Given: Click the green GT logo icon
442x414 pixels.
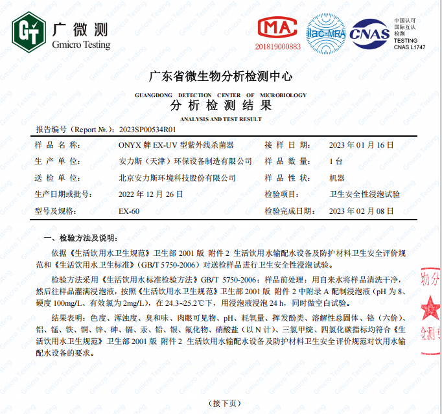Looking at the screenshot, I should tap(28, 33).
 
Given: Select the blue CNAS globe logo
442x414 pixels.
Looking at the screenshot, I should tap(369, 33).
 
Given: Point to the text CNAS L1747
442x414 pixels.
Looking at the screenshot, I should tap(410, 47).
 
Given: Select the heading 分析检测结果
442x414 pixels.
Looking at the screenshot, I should tap(220, 106).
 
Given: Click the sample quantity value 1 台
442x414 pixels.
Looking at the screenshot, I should tap(336, 161).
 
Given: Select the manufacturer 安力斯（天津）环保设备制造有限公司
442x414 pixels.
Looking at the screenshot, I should tap(185, 161).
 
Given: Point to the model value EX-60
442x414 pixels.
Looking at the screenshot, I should tap(129, 211).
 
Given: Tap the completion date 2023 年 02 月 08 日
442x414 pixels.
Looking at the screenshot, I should tap(371, 211).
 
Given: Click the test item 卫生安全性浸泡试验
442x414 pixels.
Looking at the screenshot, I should tap(365, 194).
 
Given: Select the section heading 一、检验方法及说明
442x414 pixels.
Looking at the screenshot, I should tap(77, 237).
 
